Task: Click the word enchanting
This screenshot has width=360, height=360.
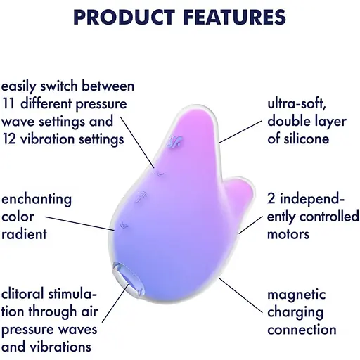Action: (x=37, y=199)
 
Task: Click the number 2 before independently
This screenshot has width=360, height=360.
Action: (x=271, y=199)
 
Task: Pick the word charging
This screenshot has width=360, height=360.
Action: (x=295, y=312)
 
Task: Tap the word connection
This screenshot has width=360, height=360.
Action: (x=302, y=329)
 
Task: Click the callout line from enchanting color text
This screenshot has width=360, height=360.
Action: (x=96, y=219)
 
